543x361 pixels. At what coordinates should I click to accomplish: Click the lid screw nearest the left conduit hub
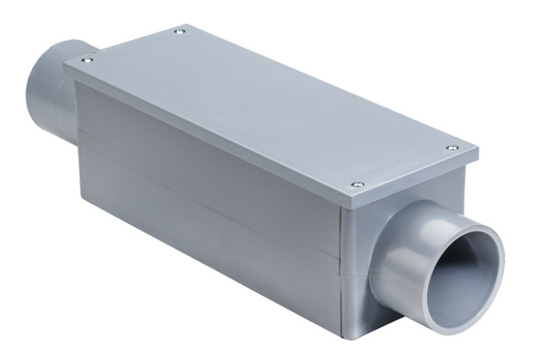pos(86,60)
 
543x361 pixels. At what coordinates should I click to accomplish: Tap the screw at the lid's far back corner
pos(179,31)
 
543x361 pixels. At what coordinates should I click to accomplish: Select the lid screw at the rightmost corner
pos(452,147)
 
